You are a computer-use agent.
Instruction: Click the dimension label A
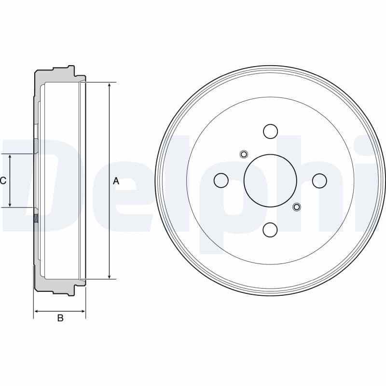point(116,181)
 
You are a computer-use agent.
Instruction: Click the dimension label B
point(60,318)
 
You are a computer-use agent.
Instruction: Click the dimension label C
point(3,181)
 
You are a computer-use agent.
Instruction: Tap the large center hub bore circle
point(270,180)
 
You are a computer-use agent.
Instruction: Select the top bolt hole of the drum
point(270,131)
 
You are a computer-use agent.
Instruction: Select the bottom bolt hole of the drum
point(270,230)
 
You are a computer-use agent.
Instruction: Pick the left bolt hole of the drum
point(221,180)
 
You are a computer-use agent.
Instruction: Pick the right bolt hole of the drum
point(319,180)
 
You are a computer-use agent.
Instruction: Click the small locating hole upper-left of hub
point(244,154)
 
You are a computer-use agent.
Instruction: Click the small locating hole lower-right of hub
point(297,207)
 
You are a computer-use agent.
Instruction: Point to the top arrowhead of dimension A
point(110,85)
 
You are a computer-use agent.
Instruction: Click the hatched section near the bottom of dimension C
point(36,218)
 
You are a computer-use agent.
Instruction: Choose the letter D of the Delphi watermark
point(29,183)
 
